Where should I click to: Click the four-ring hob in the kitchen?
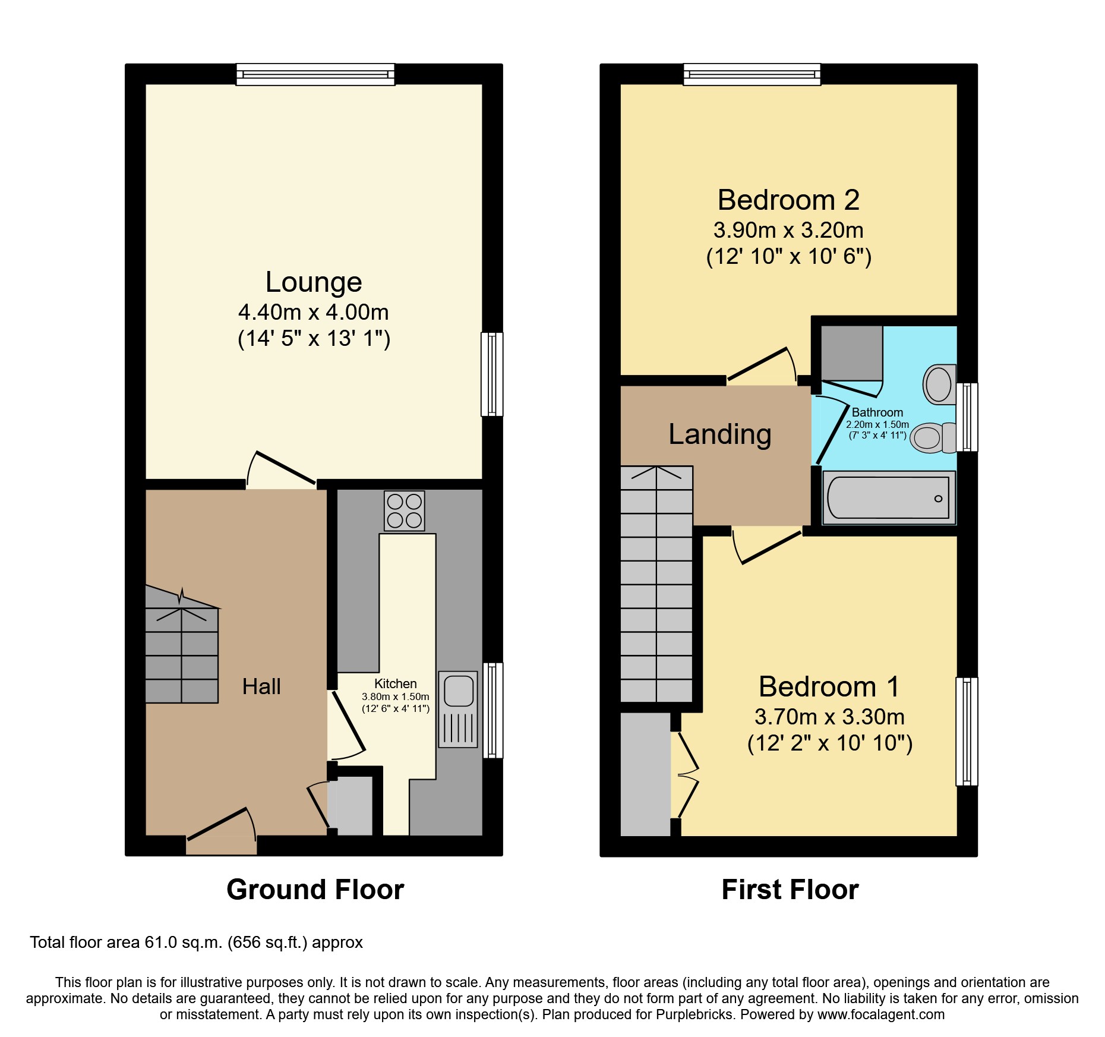tap(405, 510)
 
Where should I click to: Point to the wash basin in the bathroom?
tap(939, 384)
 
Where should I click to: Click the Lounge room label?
tap(314, 282)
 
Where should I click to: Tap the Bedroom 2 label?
tap(788, 200)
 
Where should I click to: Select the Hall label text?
tap(261, 686)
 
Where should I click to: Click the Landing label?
tap(719, 434)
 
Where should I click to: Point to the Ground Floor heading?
tap(315, 890)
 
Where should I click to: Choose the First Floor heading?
tap(790, 890)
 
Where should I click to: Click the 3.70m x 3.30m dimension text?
tap(829, 717)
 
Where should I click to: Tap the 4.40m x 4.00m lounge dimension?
tap(314, 312)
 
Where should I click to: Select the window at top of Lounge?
tap(315, 74)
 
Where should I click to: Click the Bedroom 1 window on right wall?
tap(967, 732)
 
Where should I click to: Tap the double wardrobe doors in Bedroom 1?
tap(687, 775)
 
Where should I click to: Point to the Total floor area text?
tap(196, 943)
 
